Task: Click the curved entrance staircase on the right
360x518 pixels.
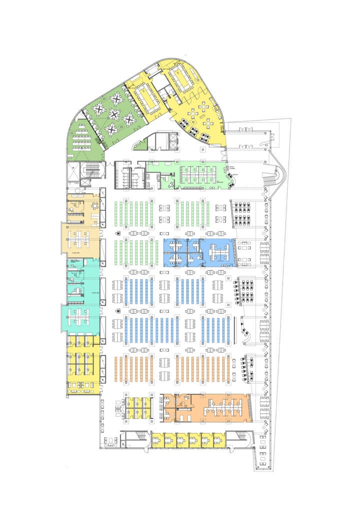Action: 278,175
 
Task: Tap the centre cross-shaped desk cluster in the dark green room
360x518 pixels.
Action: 114,115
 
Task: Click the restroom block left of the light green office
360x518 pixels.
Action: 129,175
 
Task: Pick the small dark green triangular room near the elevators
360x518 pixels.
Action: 141,144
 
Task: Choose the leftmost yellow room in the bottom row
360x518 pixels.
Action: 158,440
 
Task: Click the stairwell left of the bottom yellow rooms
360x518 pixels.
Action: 133,439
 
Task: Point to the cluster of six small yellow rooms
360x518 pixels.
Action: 138,408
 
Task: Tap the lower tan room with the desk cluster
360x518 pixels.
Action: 80,239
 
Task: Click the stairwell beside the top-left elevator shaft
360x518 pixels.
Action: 92,170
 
